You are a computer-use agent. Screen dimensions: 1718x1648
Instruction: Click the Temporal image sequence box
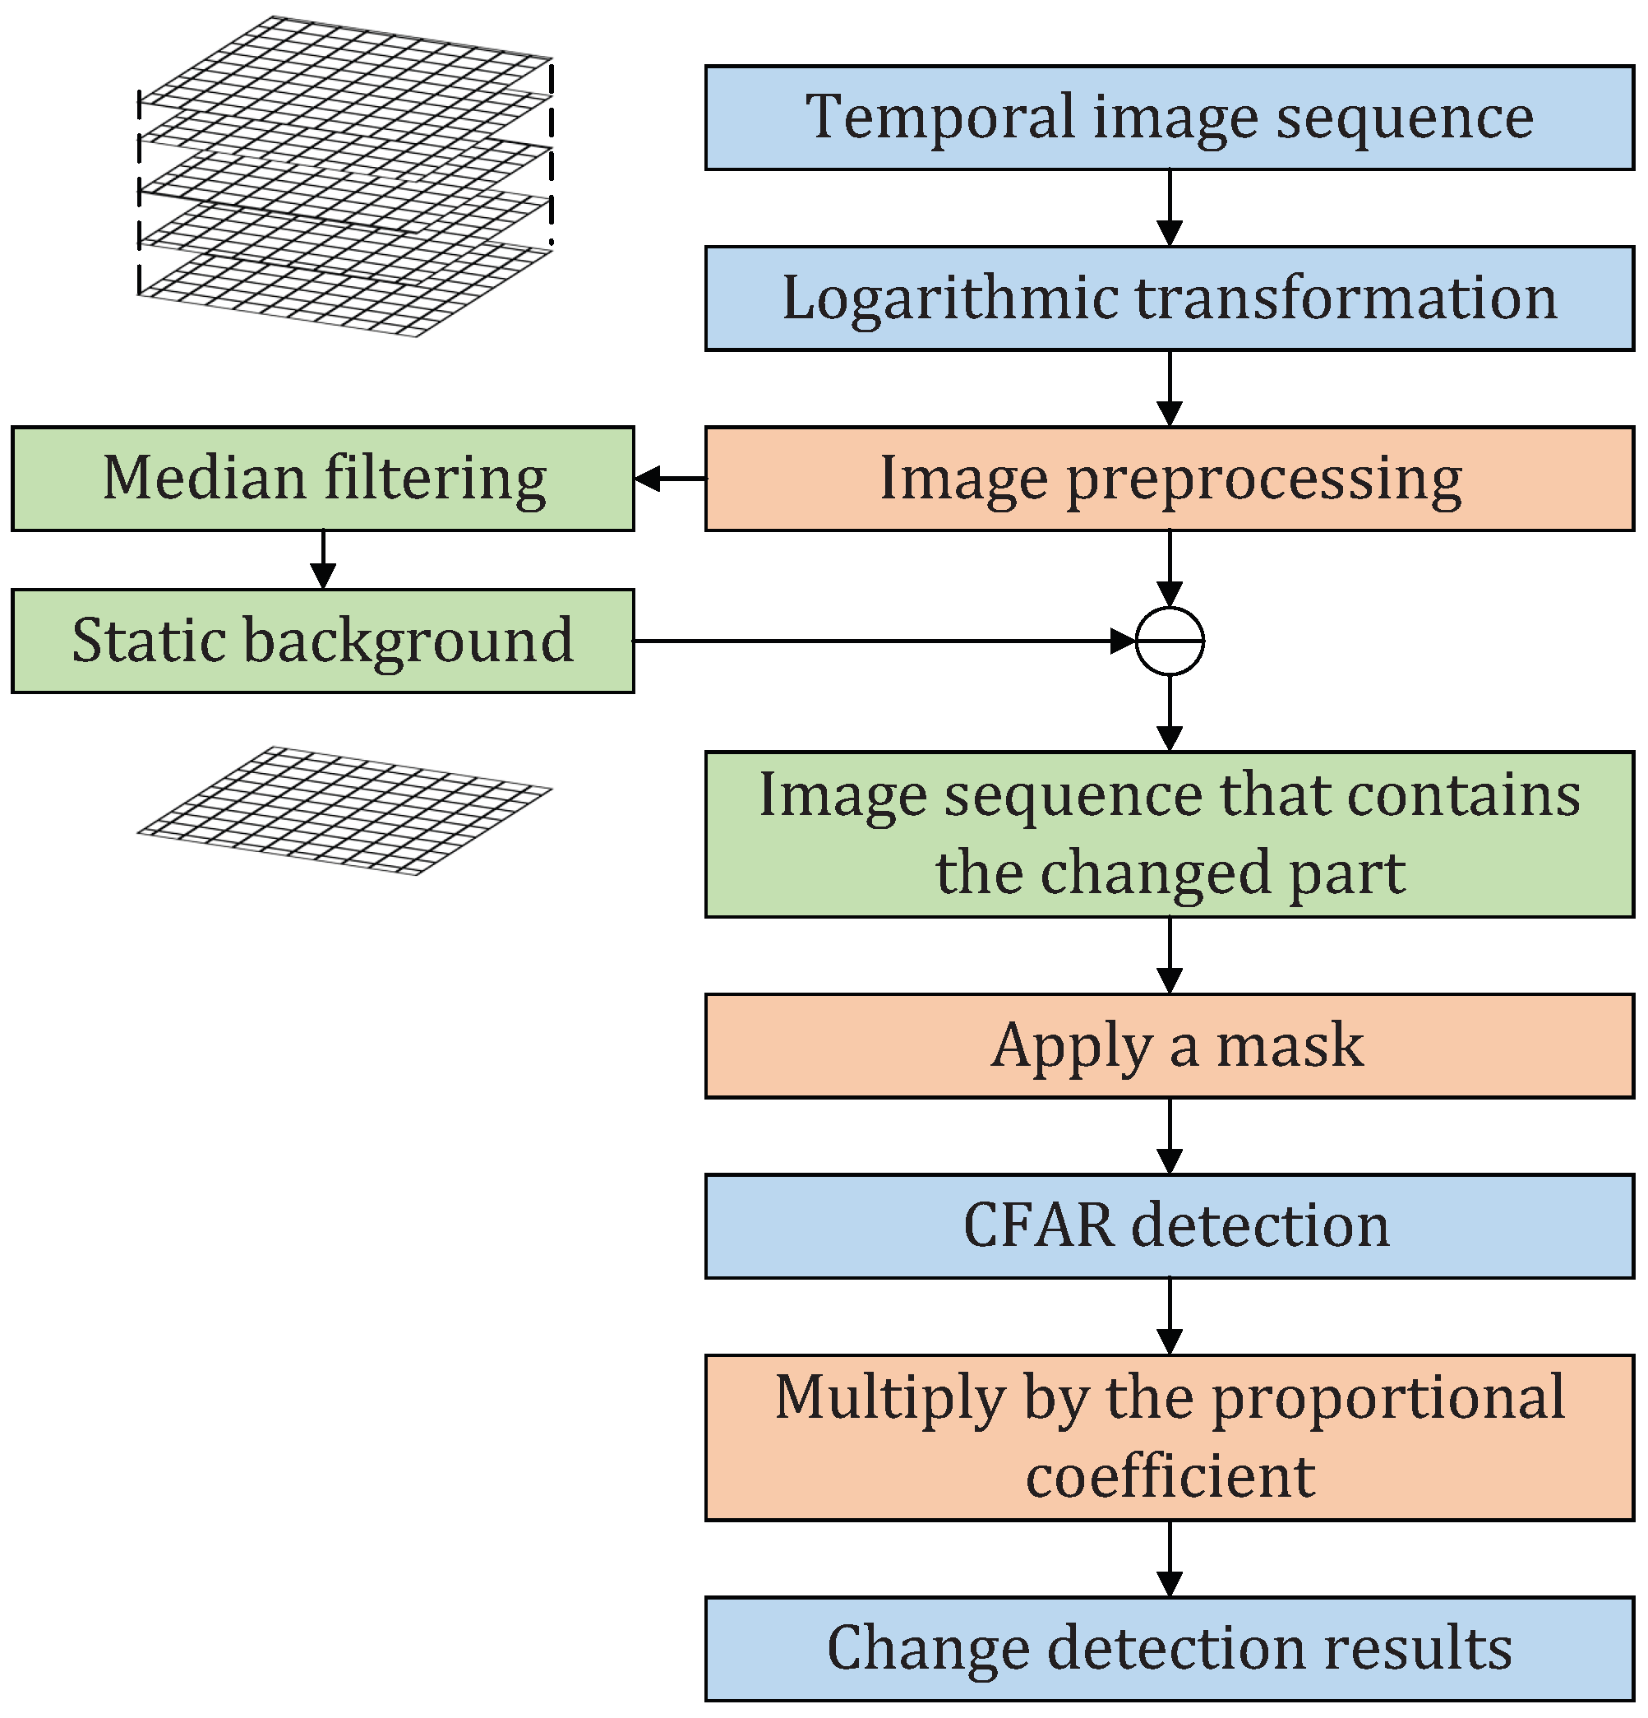[x=1169, y=118]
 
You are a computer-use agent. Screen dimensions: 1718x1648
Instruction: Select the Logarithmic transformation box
[x=1169, y=298]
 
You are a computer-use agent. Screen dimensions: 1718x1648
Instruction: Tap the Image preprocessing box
[x=1169, y=479]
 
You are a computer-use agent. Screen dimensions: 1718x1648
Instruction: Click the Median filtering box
[x=322, y=479]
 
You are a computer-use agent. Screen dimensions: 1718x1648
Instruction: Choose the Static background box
[x=322, y=641]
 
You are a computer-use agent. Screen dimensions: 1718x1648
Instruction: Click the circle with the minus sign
[x=1170, y=641]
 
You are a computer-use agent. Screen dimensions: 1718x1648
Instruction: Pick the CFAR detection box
[x=1169, y=1225]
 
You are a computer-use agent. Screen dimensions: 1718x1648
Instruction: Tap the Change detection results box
[x=1169, y=1648]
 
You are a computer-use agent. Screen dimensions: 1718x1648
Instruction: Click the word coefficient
[x=1170, y=1477]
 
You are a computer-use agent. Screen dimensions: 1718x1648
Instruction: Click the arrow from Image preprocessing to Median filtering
[x=670, y=479]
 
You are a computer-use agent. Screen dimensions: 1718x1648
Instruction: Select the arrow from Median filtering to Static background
[x=323, y=559]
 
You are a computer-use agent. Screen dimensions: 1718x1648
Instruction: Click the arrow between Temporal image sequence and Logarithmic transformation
[x=1170, y=208]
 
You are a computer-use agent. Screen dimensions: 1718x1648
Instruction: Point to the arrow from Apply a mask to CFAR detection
[x=1170, y=1135]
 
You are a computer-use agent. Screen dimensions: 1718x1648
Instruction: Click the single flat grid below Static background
[x=344, y=810]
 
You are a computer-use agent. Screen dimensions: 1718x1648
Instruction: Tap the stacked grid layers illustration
[x=344, y=175]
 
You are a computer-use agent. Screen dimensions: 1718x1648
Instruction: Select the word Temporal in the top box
[x=940, y=117]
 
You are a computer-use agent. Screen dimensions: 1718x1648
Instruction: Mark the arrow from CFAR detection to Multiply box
[x=1170, y=1316]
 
